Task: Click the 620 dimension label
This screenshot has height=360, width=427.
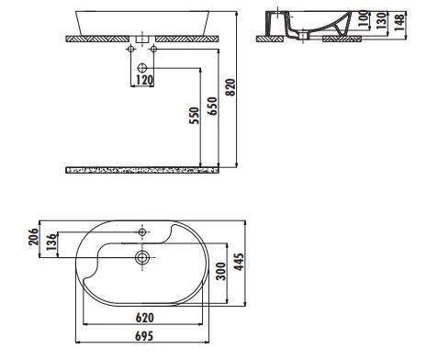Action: pos(145,317)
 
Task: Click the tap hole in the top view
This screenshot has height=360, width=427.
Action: pos(143,231)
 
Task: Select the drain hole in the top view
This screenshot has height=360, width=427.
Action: pos(142,258)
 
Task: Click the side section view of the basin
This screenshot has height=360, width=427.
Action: pos(302,27)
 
